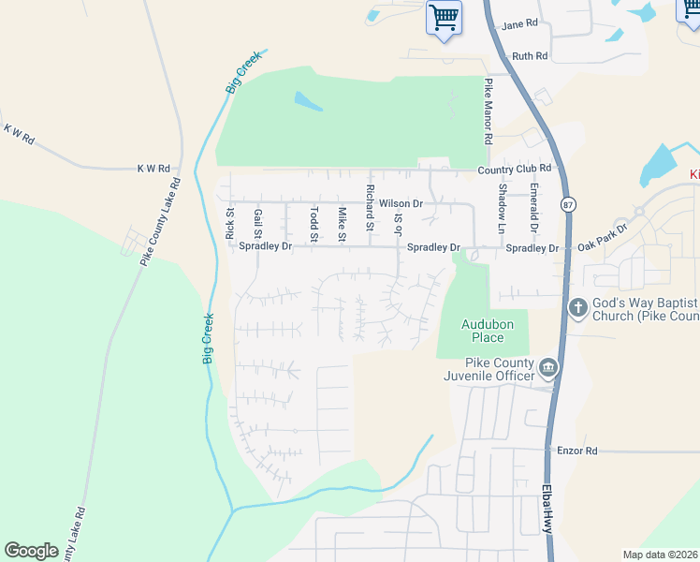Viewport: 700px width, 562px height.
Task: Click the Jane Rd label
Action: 520,23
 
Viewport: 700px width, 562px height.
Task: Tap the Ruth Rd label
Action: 529,56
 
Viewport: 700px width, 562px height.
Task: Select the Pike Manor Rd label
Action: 489,111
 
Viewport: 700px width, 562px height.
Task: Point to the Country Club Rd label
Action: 515,169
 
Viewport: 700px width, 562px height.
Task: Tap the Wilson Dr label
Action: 401,203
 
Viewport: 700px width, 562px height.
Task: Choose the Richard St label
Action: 371,209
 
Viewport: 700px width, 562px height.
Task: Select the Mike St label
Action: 343,225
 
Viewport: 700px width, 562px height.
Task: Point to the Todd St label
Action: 314,225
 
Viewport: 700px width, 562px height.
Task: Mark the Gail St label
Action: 257,225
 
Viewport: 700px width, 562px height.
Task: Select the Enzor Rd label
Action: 577,451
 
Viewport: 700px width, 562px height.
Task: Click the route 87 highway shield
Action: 567,205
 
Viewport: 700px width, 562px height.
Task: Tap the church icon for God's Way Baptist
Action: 577,306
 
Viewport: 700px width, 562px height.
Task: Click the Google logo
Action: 32,551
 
